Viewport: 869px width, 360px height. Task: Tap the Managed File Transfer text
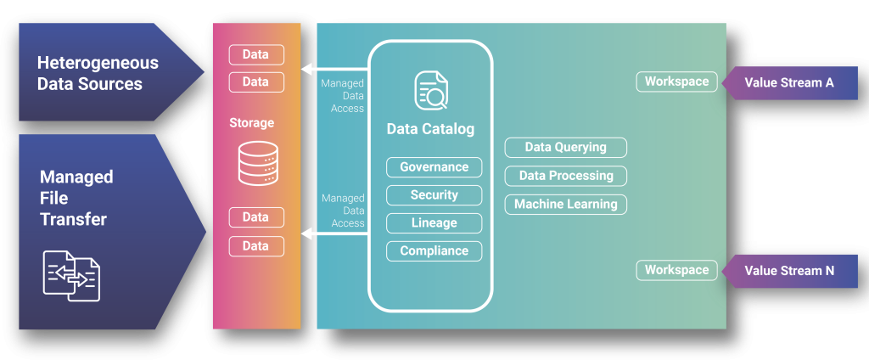point(76,198)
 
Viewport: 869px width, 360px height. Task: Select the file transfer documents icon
point(71,275)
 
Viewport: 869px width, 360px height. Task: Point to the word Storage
point(252,123)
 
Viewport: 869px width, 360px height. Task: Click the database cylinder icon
point(255,164)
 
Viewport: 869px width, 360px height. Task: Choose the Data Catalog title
point(430,130)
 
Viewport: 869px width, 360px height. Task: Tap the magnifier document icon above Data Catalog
point(431,91)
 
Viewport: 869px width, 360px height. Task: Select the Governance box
point(434,167)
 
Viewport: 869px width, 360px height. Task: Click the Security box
point(434,195)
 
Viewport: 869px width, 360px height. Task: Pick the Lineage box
point(434,223)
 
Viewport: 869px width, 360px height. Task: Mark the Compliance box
point(434,251)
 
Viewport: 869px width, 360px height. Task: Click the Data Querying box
point(566,148)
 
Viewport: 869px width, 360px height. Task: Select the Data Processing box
point(566,176)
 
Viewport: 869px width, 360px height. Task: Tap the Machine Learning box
point(566,205)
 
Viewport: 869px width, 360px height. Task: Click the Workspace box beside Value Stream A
point(676,82)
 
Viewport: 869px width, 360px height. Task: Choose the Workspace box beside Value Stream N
point(676,270)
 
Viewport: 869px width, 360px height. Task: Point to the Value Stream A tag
point(789,83)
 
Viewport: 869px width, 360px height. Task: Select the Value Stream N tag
point(789,271)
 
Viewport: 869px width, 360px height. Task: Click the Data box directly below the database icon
point(255,218)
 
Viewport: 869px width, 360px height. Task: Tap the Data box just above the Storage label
point(255,82)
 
